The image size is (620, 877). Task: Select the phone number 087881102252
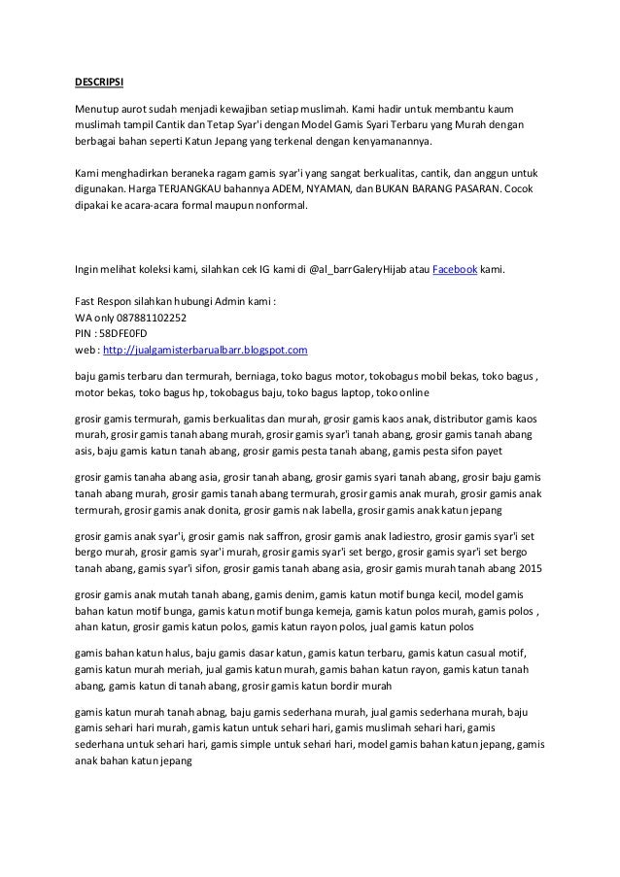coord(149,316)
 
